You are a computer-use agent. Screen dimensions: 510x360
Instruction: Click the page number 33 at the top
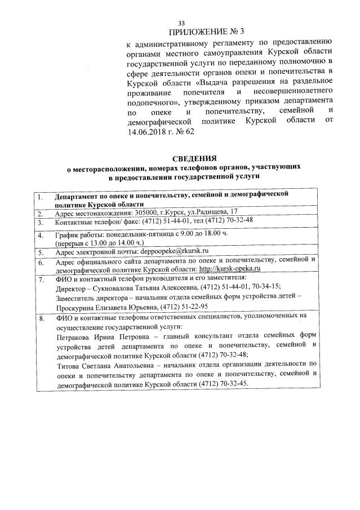pyautogui.click(x=181, y=23)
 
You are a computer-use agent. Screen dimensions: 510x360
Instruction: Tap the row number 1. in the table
pyautogui.click(x=40, y=196)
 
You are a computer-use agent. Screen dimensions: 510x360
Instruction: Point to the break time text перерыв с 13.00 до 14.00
pyautogui.click(x=100, y=242)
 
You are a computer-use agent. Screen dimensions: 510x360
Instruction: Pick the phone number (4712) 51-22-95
pyautogui.click(x=184, y=307)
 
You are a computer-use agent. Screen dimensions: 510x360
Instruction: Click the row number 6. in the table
pyautogui.click(x=40, y=261)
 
